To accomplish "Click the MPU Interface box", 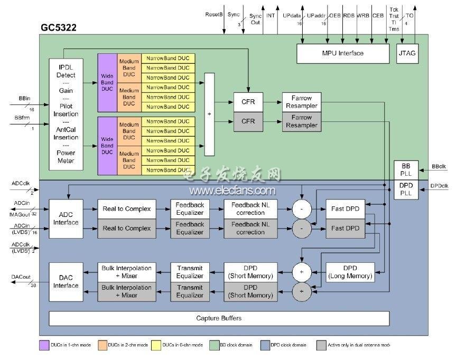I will [343, 53].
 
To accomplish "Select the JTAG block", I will [408, 53].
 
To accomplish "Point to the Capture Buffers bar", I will [219, 318].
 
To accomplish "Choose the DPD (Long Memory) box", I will [350, 272].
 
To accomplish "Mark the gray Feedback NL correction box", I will [251, 229].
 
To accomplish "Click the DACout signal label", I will [21, 277].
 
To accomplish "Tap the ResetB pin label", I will [213, 15].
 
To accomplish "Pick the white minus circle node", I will [302, 209].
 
